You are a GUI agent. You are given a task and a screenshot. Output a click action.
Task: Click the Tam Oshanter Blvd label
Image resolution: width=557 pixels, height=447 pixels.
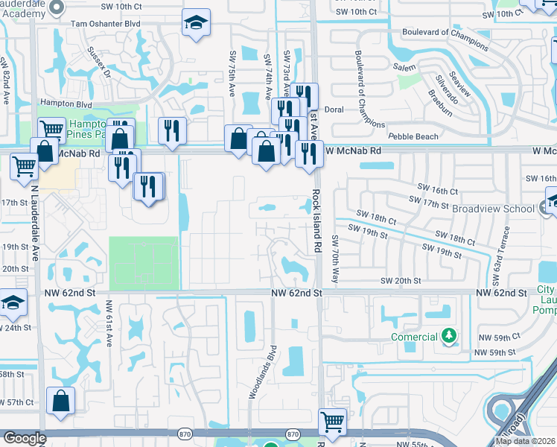tap(106, 24)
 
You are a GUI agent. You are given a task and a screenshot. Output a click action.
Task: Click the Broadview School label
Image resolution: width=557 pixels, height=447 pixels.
tap(492, 209)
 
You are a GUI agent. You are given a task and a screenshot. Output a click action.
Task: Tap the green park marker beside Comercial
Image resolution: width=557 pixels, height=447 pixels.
tap(448, 337)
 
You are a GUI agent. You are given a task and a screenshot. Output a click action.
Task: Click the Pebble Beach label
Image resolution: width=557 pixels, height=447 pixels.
tap(413, 137)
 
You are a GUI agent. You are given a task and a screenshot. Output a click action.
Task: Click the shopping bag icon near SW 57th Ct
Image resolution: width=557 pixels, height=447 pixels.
tap(60, 401)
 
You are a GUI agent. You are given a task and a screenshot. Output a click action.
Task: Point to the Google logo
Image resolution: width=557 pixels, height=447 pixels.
tap(24, 438)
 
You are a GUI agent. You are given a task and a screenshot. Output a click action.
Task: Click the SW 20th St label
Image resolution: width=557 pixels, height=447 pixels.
tap(401, 280)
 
